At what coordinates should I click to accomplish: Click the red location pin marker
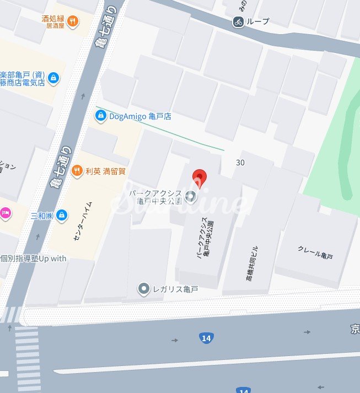coord(200,177)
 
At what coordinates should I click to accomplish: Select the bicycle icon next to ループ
coord(238,21)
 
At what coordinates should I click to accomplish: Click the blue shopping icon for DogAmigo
coord(100,116)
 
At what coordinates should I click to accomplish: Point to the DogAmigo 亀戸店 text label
coord(140,116)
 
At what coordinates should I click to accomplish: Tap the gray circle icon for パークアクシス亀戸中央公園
coord(191,195)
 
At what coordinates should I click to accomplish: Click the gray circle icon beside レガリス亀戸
coord(144,288)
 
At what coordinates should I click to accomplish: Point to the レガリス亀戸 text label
coord(175,289)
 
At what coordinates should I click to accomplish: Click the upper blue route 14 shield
coord(206,338)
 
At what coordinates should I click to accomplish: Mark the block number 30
coord(240,163)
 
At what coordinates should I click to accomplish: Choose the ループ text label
coord(258,21)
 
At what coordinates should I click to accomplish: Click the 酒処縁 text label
coord(53,18)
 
